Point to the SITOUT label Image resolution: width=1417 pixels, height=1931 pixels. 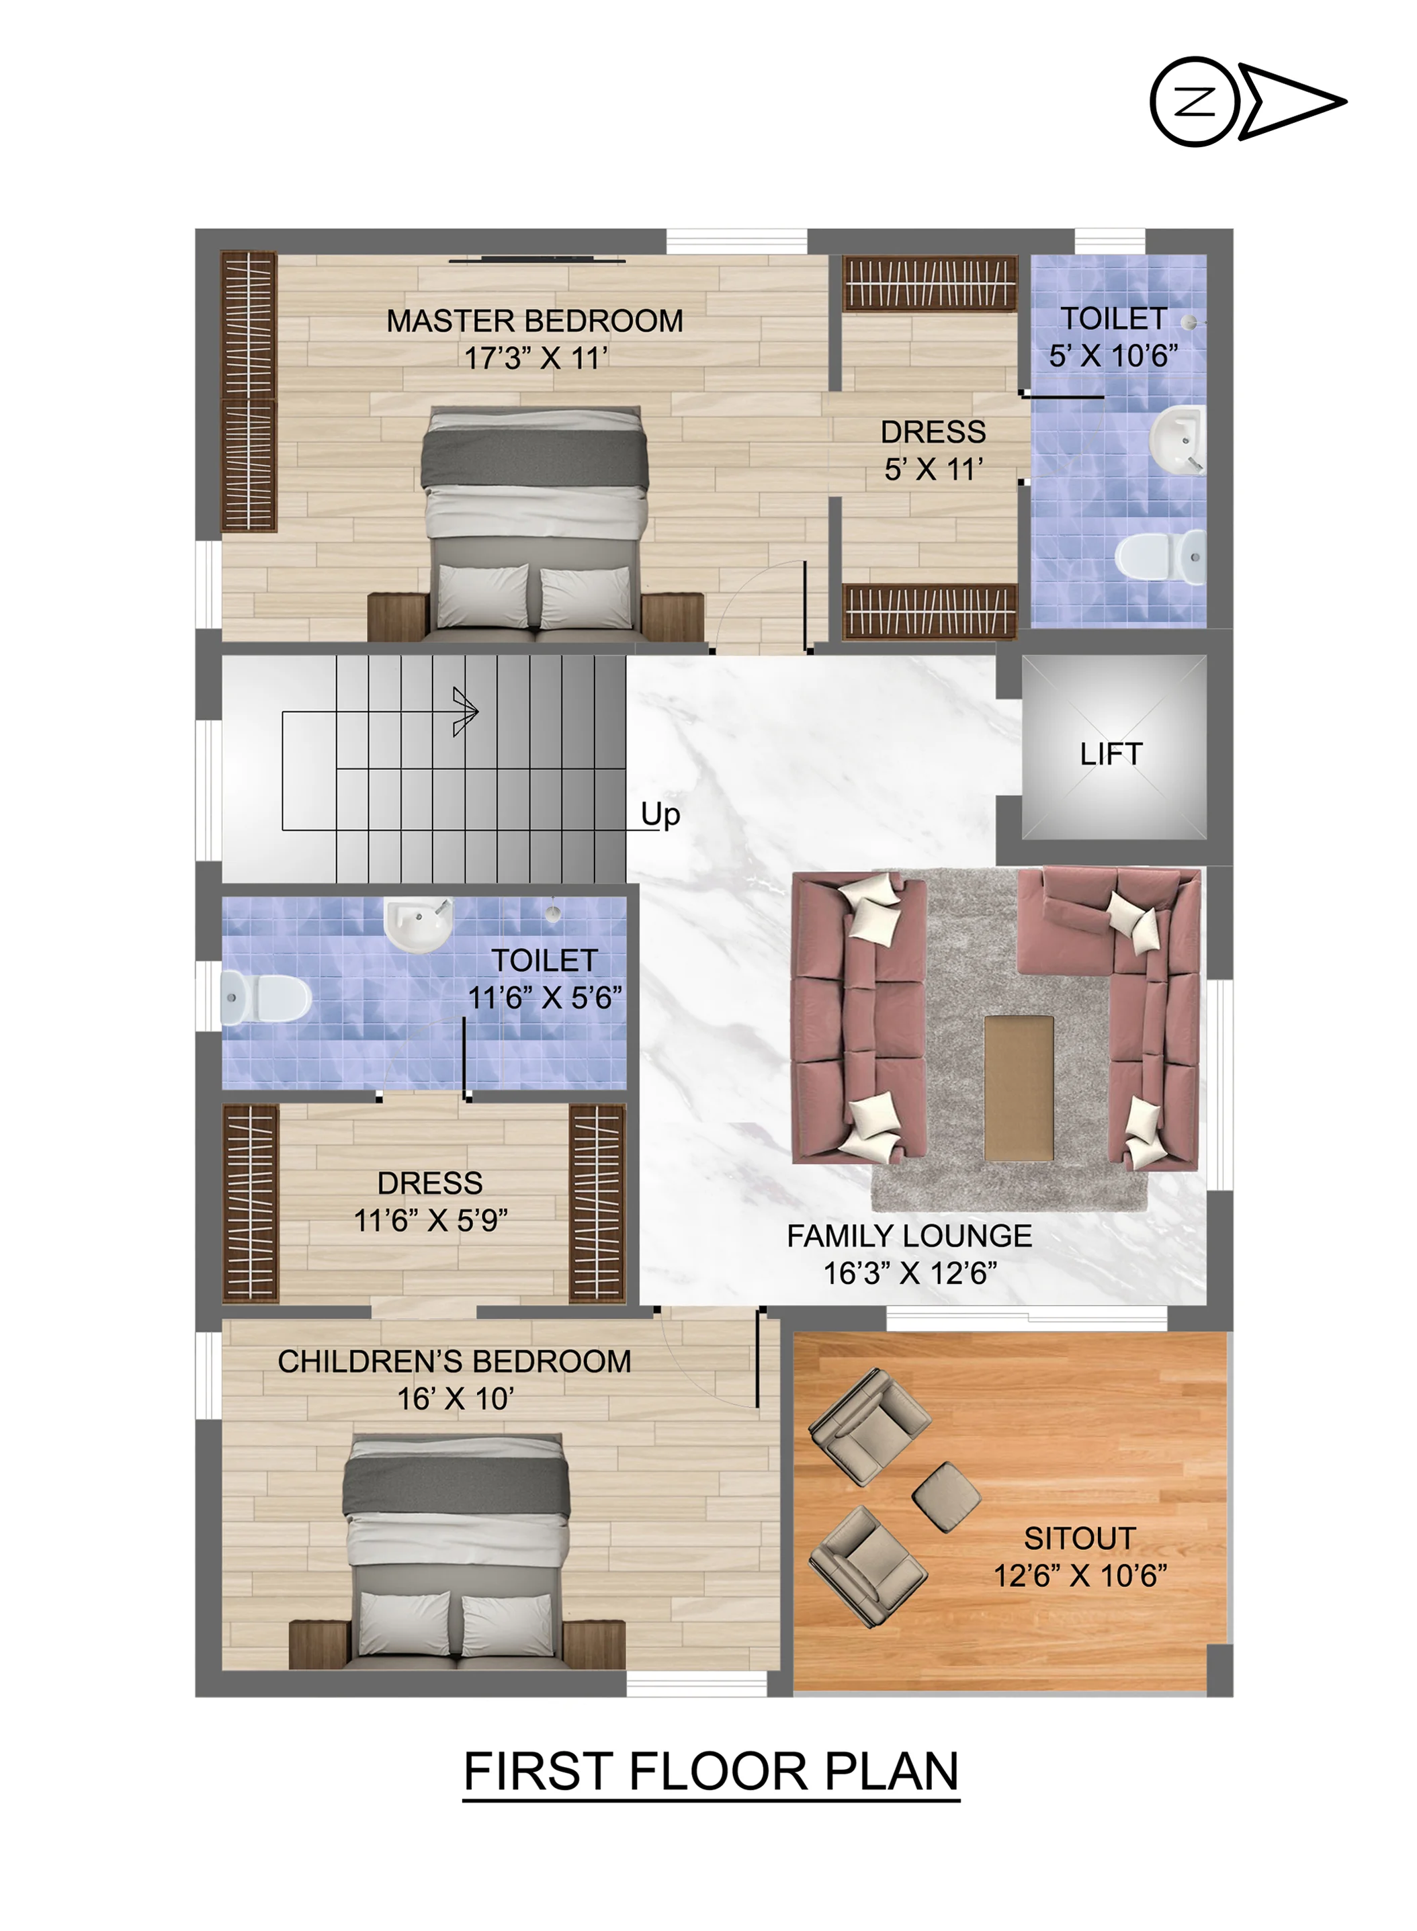(1080, 1538)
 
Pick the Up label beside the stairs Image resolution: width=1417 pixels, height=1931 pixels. (660, 814)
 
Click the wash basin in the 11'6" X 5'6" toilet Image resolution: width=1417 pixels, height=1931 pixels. (418, 924)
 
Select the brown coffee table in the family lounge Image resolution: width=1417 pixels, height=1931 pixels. (1019, 1088)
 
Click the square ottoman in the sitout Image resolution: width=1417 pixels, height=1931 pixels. (946, 1497)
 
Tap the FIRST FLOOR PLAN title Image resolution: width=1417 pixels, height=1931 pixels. (711, 1772)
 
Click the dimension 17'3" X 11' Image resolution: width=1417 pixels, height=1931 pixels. (536, 357)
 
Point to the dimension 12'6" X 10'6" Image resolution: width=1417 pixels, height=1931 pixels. (1081, 1575)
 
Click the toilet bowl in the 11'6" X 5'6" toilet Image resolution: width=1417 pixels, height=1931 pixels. (266, 998)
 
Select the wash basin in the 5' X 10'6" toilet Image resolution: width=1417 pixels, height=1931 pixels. (1177, 440)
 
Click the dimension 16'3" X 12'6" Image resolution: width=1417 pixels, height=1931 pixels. (910, 1273)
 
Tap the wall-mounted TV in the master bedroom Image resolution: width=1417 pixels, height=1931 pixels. (537, 259)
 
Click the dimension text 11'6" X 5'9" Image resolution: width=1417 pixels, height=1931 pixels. (431, 1220)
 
